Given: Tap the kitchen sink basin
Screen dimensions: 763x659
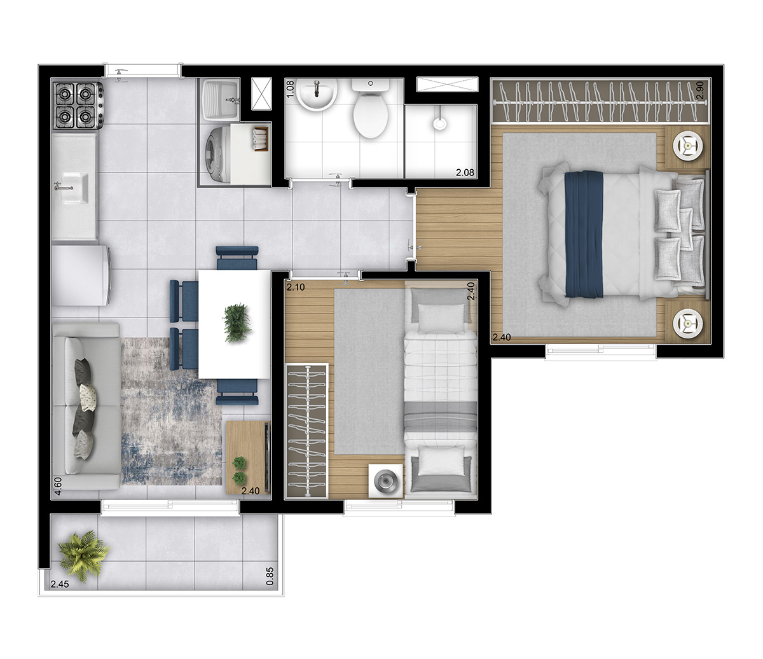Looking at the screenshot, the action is [74, 188].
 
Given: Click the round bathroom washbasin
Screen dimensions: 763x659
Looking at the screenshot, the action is [317, 95].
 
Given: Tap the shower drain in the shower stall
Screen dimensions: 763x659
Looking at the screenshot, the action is [439, 123].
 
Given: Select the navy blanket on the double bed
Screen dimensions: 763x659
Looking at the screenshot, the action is [584, 234].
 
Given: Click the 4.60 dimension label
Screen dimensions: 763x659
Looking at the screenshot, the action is [58, 486].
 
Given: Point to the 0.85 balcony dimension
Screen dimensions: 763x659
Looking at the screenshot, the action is [270, 576].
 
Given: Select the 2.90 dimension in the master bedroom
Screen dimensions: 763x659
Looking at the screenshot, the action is [701, 90].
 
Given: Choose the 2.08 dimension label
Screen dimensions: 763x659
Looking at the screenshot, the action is [465, 172].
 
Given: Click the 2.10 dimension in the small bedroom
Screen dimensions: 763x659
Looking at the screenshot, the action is [296, 287].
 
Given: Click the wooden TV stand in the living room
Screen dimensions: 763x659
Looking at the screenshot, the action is [248, 457].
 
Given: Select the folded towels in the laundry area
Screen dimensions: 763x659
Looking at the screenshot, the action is [261, 139].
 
